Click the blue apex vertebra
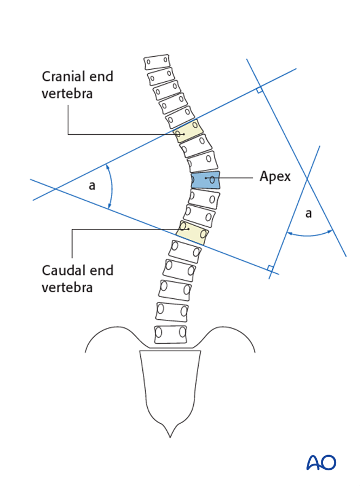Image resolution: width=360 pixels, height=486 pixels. (x=206, y=180)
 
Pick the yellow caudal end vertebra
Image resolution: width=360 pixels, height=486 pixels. (x=192, y=232)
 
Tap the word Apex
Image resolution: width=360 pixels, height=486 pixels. (x=275, y=176)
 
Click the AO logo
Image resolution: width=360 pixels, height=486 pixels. (x=321, y=462)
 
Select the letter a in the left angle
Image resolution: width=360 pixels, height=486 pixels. (x=92, y=186)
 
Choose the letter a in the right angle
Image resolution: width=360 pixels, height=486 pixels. (x=309, y=214)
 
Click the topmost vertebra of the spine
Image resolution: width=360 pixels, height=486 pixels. (x=157, y=62)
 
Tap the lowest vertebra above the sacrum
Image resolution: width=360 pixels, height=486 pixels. (x=171, y=334)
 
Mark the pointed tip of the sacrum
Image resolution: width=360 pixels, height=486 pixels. (x=171, y=434)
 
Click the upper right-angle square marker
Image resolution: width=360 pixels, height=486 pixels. (x=260, y=89)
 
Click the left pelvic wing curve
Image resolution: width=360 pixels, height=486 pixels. (x=108, y=332)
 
